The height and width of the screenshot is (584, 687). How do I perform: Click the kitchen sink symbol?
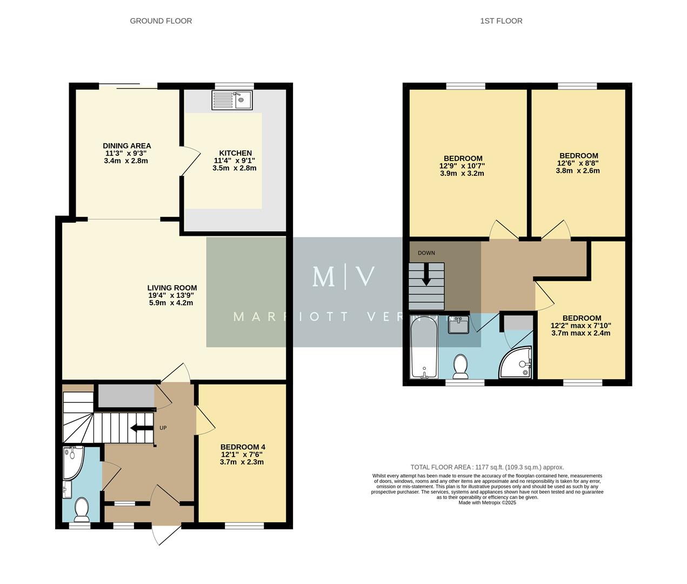click(x=232, y=100)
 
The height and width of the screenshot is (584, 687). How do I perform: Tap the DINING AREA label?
click(x=127, y=146)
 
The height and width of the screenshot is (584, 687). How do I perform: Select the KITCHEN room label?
click(x=235, y=153)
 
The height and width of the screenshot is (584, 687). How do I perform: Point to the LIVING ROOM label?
click(x=172, y=288)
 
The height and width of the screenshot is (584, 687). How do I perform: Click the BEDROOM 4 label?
click(x=243, y=447)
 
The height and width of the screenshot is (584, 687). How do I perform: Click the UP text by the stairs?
click(x=163, y=428)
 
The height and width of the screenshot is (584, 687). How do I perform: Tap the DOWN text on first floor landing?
click(x=426, y=253)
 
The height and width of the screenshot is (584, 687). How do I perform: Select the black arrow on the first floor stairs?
click(x=426, y=274)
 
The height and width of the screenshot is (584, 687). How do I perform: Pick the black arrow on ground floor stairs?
click(x=141, y=429)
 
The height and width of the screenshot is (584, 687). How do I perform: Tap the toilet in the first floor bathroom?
click(x=461, y=366)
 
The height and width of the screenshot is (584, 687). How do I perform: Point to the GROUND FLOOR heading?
click(x=161, y=21)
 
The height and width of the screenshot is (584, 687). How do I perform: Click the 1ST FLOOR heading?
click(x=501, y=21)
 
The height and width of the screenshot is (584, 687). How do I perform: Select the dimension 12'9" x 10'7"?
click(x=462, y=167)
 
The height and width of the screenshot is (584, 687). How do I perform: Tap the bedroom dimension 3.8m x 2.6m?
click(x=577, y=171)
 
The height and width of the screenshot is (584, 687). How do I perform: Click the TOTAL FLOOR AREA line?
click(x=486, y=467)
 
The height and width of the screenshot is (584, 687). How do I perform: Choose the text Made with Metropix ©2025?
click(x=486, y=503)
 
